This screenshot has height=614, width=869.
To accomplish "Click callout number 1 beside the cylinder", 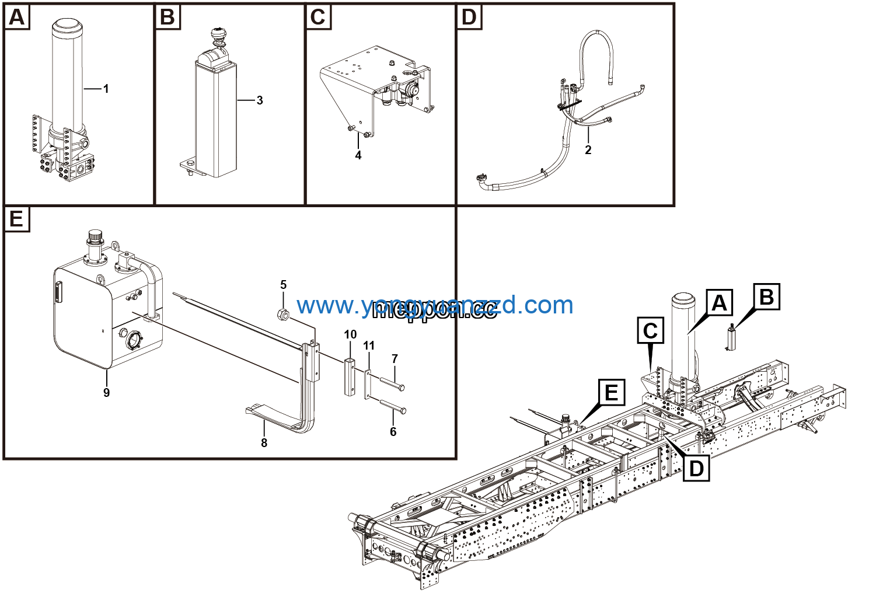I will coord(106,89).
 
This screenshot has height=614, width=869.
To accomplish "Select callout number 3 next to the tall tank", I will coord(260,100).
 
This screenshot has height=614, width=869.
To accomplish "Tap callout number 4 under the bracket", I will coord(358,155).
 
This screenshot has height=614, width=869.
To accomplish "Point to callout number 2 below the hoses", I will coord(588,150).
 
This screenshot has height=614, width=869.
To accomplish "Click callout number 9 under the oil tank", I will coord(106,393).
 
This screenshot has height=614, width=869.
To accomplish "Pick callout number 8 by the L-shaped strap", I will coord(264,443).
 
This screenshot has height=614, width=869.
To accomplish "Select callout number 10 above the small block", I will coord(350,334).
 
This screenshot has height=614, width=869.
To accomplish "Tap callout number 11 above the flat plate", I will coord(369,346).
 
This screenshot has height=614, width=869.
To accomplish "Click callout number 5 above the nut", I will coord(284,285).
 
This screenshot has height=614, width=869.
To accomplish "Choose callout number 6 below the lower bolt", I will coord(393,431).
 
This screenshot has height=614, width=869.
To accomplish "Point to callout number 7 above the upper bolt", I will coord(395,359).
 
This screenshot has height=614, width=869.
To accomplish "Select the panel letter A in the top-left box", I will coord(17,18).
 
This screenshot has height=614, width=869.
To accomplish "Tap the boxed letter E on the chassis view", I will coord(611,392).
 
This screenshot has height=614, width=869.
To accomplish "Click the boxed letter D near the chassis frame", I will coord(696,468).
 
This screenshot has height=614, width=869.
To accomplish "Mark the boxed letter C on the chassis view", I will coord(650,331).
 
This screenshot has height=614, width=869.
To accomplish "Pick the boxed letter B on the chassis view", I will coord(766,297).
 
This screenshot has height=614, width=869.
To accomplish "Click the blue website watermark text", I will coord(435,305).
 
